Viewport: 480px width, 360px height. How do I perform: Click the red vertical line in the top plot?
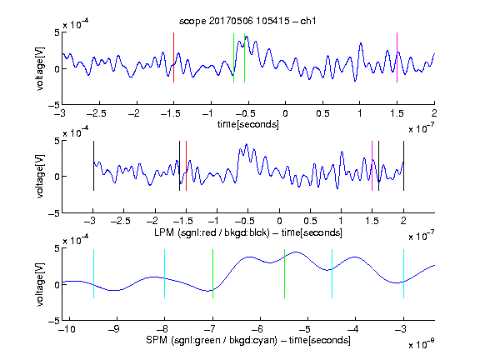coord(173,57)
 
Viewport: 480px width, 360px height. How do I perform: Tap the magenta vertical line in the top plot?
coord(397,57)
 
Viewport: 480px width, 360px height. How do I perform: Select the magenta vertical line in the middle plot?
coord(372,166)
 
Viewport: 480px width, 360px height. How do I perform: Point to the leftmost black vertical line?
coord(93,166)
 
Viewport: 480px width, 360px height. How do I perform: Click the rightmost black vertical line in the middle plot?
coord(403,166)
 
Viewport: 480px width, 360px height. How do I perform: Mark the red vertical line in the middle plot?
coord(186,166)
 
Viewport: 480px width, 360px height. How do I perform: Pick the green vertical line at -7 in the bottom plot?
coord(212,273)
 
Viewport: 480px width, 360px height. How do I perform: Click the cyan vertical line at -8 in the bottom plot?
coord(164,273)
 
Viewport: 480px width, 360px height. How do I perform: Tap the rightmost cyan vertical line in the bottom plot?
coord(403,273)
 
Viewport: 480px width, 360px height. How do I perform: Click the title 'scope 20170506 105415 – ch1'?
coord(247,21)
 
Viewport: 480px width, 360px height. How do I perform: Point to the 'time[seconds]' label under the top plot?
coord(248,124)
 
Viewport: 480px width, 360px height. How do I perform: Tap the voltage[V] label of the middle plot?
coord(40,176)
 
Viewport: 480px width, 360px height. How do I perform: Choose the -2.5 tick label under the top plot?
coord(96,113)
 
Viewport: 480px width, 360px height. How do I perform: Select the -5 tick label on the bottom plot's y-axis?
coord(53,321)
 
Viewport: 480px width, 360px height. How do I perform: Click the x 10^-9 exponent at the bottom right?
coord(421,343)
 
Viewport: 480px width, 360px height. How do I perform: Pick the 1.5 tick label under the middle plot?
coord(372,221)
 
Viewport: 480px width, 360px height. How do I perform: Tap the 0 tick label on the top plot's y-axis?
coord(57,69)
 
